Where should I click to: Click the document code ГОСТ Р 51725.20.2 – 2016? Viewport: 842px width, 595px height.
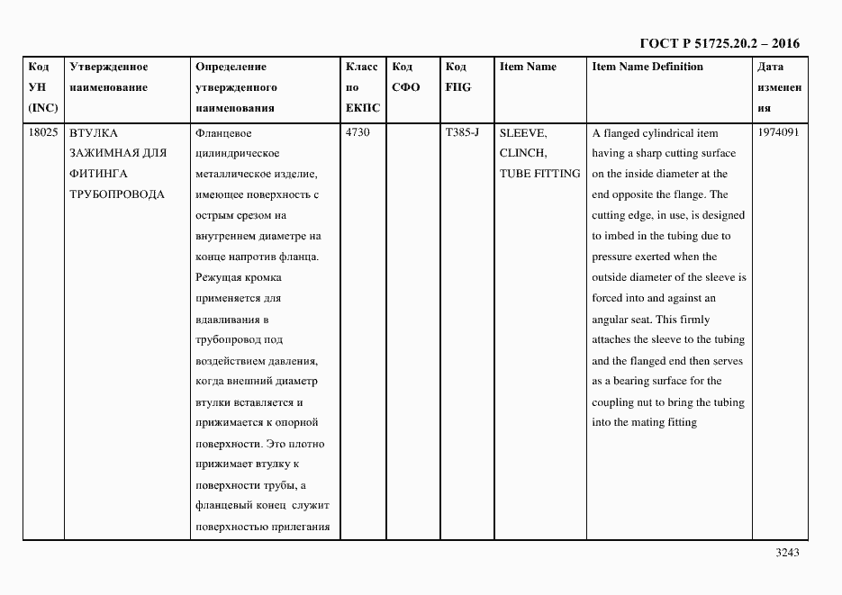pos(719,43)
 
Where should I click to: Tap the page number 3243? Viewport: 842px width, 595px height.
pos(786,553)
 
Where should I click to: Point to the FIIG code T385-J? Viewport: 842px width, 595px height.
pos(462,132)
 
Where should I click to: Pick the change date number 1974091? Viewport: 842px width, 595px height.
pos(778,132)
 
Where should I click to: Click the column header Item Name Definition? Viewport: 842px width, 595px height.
pos(647,67)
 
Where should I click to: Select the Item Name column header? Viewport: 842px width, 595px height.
pos(528,67)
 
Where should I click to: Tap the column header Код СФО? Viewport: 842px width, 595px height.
pos(406,77)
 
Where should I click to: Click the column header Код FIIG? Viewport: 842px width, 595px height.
pos(457,77)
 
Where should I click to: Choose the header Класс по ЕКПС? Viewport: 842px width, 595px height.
pos(362,87)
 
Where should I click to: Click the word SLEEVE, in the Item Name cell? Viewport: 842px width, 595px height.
pos(522,132)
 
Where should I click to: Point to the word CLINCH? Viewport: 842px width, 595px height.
pos(522,153)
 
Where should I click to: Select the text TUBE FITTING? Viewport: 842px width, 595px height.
pos(539,174)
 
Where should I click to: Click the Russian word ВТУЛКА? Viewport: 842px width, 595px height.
pos(94,132)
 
